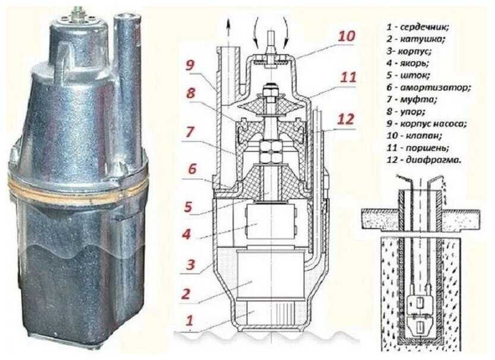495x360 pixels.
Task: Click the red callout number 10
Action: tap(346, 36)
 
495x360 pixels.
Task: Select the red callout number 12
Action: tap(344, 119)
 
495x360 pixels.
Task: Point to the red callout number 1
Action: tap(190, 321)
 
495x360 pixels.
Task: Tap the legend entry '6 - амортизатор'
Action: tap(428, 87)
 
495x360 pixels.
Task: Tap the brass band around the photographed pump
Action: tap(77, 182)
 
